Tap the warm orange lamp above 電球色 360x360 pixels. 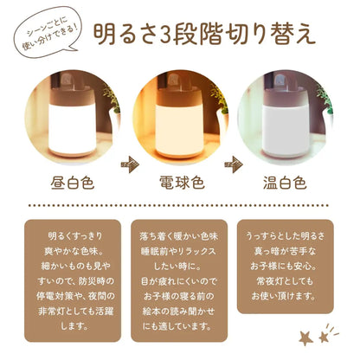(x=180, y=121)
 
